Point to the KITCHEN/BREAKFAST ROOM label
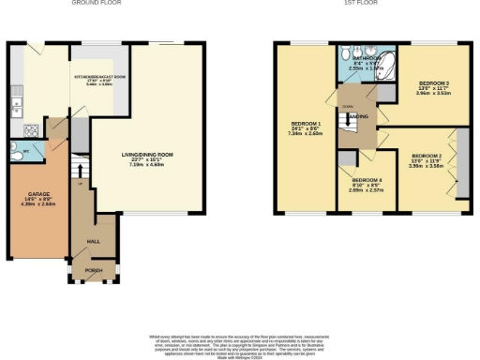(100, 80)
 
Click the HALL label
(93, 242)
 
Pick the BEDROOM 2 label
(427, 158)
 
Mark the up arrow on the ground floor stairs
(82, 183)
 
